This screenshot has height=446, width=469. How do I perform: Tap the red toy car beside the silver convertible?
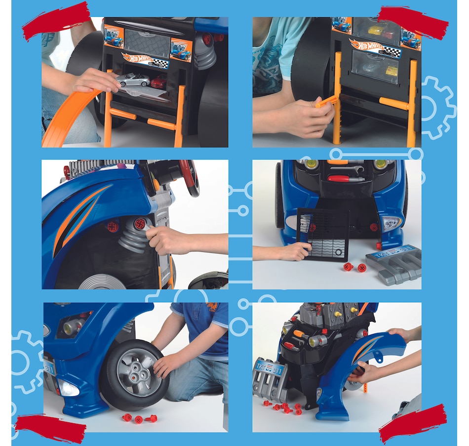pyautogui.click(x=159, y=82)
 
